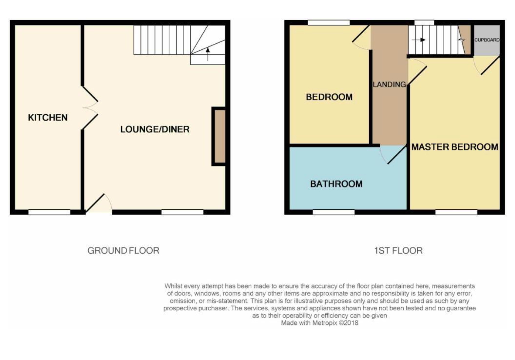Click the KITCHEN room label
[48, 118]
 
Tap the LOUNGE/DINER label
[155, 129]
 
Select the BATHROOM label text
[336, 184]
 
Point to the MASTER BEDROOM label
[455, 147]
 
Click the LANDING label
[389, 85]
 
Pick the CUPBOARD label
[487, 40]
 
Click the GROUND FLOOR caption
[123, 250]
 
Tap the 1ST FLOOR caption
[399, 250]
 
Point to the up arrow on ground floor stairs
[207, 54]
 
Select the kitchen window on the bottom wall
[49, 212]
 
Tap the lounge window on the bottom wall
[182, 212]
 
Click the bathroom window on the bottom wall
[334, 212]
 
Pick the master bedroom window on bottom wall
[456, 212]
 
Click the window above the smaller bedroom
[329, 22]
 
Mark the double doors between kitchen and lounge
[90, 108]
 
